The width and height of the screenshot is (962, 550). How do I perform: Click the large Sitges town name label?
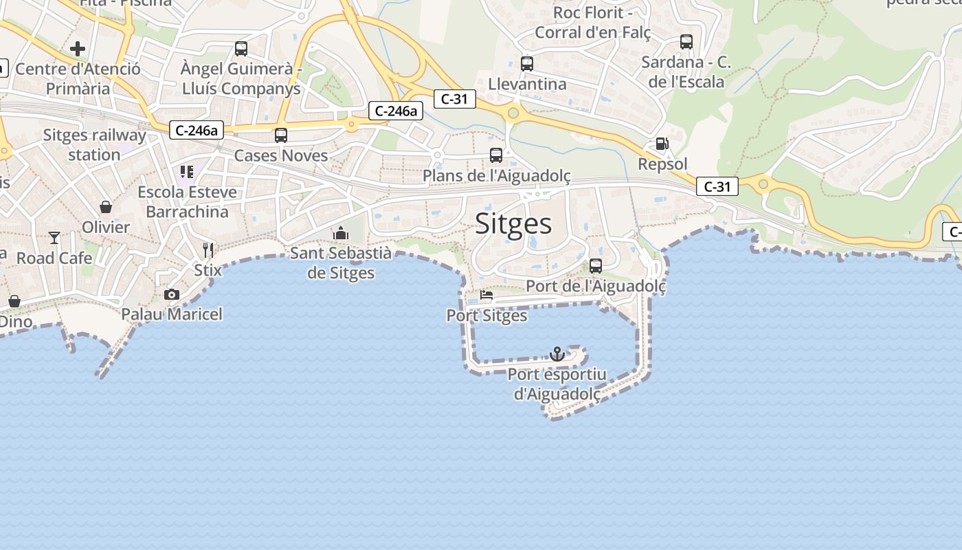(x=513, y=224)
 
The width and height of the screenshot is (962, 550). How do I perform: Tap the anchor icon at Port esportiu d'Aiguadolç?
(x=557, y=354)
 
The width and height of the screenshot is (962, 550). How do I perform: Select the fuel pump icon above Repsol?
(x=662, y=144)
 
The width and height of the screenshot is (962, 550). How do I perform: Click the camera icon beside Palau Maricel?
(x=172, y=295)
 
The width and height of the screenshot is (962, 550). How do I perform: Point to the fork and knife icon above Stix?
(x=208, y=250)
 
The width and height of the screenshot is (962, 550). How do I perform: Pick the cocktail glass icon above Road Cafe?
(x=54, y=238)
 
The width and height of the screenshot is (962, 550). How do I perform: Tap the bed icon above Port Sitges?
(x=486, y=296)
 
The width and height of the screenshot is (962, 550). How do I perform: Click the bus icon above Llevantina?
(x=527, y=64)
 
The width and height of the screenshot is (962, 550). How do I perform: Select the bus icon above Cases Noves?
(x=281, y=135)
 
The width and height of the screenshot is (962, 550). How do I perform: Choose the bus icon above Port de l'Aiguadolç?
(x=596, y=265)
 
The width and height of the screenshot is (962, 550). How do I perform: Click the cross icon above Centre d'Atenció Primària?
(x=78, y=49)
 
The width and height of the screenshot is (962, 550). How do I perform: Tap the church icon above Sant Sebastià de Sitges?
(x=341, y=233)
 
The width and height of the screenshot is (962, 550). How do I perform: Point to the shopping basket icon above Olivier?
(x=106, y=207)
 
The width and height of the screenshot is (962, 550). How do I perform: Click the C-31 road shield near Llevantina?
(x=454, y=99)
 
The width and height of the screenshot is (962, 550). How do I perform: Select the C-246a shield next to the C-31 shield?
(x=395, y=111)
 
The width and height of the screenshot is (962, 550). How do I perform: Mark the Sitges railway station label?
(x=94, y=144)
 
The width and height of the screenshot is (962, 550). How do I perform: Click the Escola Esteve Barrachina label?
(x=187, y=201)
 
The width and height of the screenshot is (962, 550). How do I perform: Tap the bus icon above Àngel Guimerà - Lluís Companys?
(x=241, y=49)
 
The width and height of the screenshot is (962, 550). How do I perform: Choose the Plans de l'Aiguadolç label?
(x=496, y=176)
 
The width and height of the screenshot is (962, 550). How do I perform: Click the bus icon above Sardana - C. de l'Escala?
(x=686, y=42)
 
